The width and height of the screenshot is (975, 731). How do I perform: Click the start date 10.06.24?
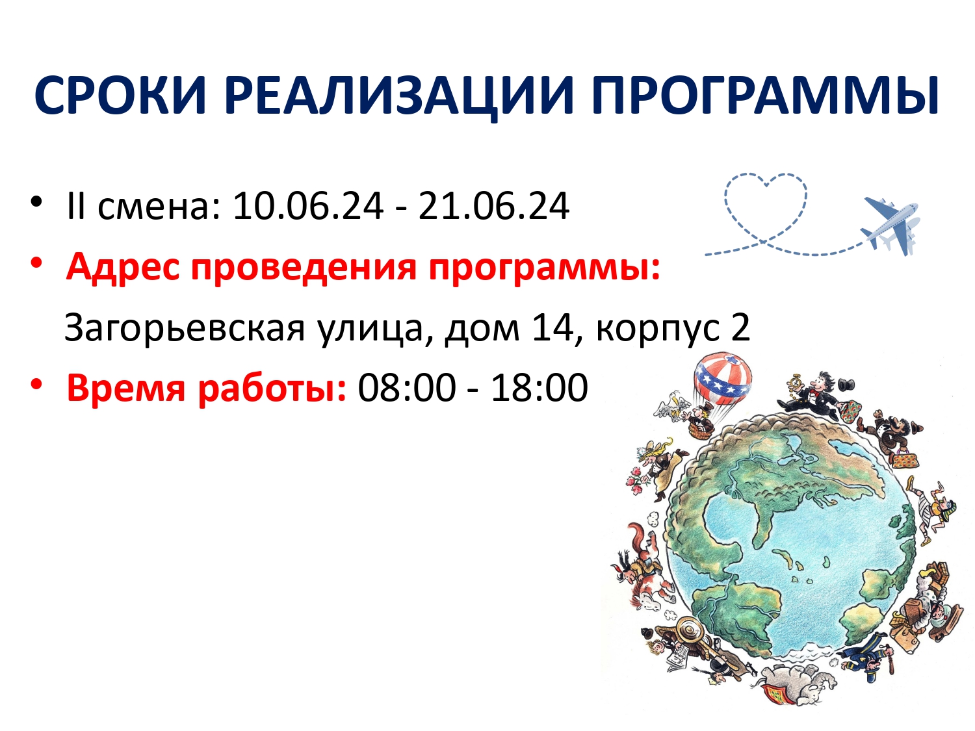coord(308,206)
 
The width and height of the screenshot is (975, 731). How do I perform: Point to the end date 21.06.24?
coord(493,206)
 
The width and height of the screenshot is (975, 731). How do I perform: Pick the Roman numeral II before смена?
coord(75,206)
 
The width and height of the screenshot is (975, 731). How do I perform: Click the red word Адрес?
coord(123,268)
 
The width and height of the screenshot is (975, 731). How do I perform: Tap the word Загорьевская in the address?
coord(185,328)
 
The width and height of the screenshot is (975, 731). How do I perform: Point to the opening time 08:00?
coord(407,387)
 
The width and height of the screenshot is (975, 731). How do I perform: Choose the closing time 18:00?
coord(539,387)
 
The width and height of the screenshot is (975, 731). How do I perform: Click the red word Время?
coord(125,387)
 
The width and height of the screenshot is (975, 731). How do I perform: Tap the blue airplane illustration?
coord(890,226)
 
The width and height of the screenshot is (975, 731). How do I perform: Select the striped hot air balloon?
coord(723,378)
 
